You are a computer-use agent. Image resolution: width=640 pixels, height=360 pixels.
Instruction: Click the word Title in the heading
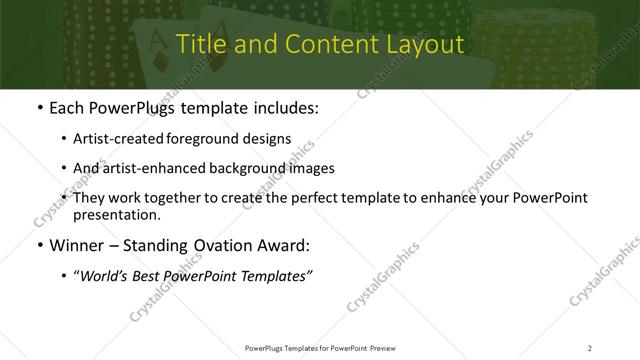pos(198,45)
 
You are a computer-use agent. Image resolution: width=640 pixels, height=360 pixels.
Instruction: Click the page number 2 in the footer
pos(590,347)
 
